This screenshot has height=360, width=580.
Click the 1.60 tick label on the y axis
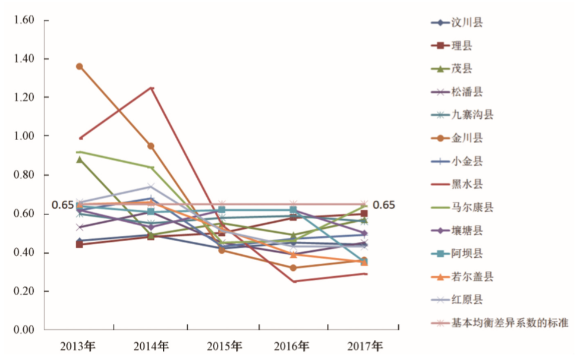pos(23,20)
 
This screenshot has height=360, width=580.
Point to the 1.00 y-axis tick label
pos(23,136)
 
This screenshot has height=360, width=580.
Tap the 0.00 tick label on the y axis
pos(23,330)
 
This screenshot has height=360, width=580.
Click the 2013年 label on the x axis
pos(80,346)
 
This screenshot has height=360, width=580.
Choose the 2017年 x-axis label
pos(365,346)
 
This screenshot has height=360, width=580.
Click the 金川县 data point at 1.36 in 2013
pos(80,67)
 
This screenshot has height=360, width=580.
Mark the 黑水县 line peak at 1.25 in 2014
pos(152,88)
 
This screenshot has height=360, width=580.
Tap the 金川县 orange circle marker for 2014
pos(151,146)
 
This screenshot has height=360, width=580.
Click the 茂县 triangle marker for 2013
pos(80,160)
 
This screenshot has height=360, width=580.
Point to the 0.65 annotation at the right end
pos(383,206)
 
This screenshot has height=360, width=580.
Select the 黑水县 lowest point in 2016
pos(294,281)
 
